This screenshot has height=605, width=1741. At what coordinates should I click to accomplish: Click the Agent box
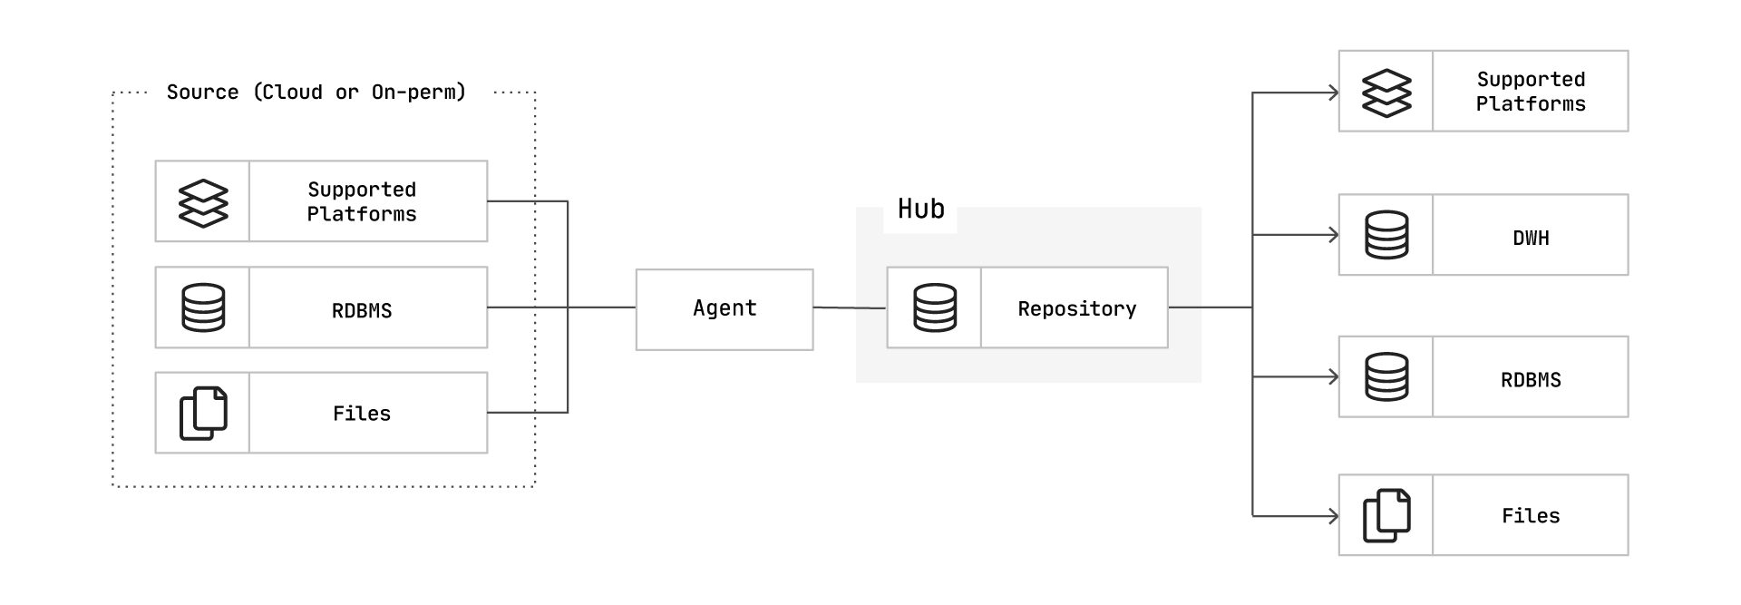pos(725,309)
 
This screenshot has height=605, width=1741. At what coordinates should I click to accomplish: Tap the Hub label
pos(921,210)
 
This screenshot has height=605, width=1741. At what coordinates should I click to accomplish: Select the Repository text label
pos(1077,309)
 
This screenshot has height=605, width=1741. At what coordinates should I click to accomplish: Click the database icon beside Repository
pos(935,308)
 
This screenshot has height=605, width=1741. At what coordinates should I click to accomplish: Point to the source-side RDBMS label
pos(362,310)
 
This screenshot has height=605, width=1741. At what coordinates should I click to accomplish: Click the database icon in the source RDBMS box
pos(203,307)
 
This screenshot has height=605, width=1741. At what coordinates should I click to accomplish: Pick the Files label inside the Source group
pos(362,414)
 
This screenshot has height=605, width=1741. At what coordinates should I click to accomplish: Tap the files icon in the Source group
pos(203,414)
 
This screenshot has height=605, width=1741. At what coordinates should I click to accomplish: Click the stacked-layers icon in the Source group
pos(203,202)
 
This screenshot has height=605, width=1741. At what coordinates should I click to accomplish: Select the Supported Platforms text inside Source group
pos(362,201)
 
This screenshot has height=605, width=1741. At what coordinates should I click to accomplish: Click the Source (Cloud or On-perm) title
pos(316,93)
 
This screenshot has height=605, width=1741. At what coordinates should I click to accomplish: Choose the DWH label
pos(1531,239)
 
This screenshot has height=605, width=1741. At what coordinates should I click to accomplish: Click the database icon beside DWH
pos(1387,235)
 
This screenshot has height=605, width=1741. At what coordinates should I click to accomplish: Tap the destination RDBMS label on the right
pos(1531,380)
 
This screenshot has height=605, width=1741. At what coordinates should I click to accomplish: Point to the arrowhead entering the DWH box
pos(1334,235)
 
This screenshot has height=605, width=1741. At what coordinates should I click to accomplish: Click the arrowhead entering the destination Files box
pos(1334,516)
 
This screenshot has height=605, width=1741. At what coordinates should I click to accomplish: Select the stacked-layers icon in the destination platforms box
pos(1387,93)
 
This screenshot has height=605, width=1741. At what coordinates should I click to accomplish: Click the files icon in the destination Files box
pos(1387,516)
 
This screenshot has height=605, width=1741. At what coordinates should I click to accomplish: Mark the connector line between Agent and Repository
pos(850,308)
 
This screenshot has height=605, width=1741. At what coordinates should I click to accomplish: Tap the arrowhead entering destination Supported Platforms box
pos(1334,93)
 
